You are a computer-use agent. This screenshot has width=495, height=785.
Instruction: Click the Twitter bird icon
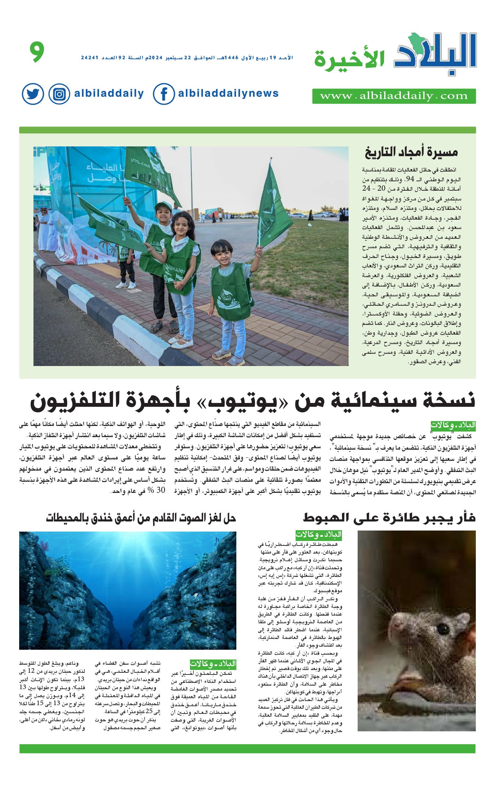pos(33,94)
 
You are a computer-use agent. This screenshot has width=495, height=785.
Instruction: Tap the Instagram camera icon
pos(59,94)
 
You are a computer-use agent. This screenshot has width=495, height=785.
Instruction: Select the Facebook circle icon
pos(163,94)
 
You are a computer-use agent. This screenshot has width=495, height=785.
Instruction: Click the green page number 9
pos(37,52)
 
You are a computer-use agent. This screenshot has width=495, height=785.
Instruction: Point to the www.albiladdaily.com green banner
pos(394,96)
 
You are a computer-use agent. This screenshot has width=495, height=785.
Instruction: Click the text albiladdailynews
pos(228,93)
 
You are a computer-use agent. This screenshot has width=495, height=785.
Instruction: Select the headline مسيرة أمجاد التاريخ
pos(411,152)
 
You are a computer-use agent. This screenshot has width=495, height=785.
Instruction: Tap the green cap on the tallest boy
pos(163,206)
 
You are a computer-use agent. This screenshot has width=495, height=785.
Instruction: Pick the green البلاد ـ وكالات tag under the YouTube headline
pos(453,425)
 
